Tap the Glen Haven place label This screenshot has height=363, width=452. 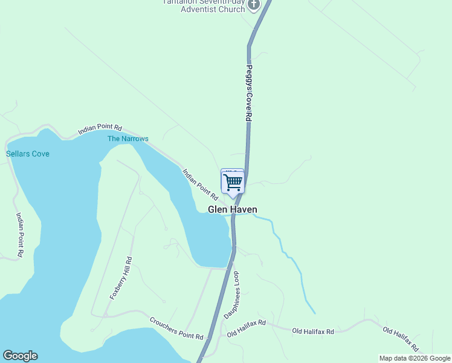click(233, 210)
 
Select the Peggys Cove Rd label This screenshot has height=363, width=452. click(248, 93)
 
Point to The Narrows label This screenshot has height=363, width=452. click(128, 139)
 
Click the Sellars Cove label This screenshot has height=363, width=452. click(28, 154)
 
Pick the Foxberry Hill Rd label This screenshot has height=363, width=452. click(121, 278)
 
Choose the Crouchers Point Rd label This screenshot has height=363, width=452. click(176, 328)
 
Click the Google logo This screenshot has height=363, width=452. click(20, 356)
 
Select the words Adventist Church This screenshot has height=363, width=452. click(209, 9)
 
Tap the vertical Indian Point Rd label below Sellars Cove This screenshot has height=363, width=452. click(20, 235)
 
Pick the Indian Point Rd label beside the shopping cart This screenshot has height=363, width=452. click(200, 184)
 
